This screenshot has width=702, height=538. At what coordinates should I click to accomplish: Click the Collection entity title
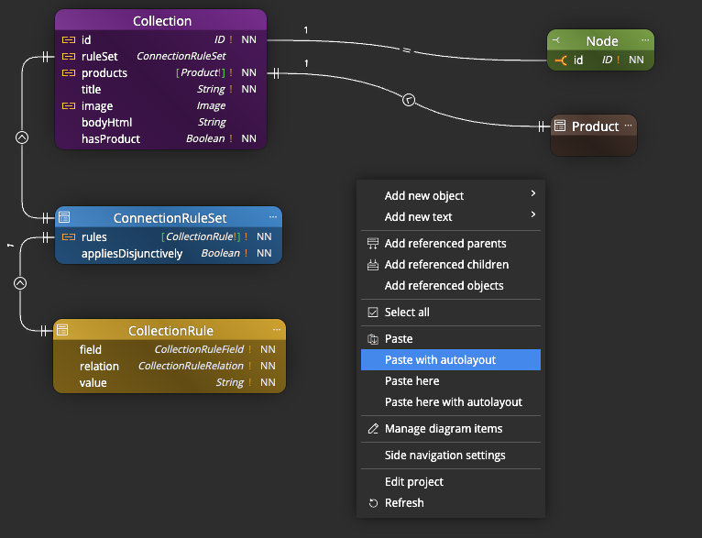(x=162, y=21)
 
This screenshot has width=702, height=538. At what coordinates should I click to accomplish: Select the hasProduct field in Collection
(x=111, y=139)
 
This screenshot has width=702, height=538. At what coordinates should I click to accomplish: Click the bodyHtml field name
(x=106, y=123)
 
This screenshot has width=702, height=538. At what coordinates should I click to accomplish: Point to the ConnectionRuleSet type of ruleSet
(x=181, y=57)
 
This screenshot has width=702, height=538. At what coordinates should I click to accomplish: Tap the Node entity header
(x=601, y=41)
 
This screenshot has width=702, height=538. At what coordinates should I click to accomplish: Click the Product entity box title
(x=595, y=126)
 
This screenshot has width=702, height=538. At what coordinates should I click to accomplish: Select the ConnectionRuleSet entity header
(x=170, y=218)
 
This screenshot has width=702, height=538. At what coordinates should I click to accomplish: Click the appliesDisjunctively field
(x=132, y=254)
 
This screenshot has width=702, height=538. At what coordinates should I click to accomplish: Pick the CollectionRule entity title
(x=170, y=331)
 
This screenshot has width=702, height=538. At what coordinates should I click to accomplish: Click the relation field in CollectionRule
(x=99, y=367)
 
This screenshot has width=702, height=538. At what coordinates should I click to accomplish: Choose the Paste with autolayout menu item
(x=440, y=360)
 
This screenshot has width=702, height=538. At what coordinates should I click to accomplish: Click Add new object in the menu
(x=424, y=196)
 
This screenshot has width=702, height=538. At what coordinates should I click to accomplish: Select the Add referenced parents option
(x=445, y=244)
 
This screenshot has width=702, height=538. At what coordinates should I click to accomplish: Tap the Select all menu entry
(x=407, y=313)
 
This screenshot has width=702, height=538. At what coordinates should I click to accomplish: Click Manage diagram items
(x=444, y=429)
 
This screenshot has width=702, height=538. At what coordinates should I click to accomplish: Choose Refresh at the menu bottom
(x=404, y=503)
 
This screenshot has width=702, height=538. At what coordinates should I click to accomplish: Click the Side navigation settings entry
(x=444, y=456)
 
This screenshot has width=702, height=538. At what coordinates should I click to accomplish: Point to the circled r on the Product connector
(x=410, y=99)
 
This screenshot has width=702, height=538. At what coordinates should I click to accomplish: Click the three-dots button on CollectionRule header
(x=273, y=330)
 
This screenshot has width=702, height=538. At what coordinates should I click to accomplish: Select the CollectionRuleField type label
(x=198, y=350)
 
